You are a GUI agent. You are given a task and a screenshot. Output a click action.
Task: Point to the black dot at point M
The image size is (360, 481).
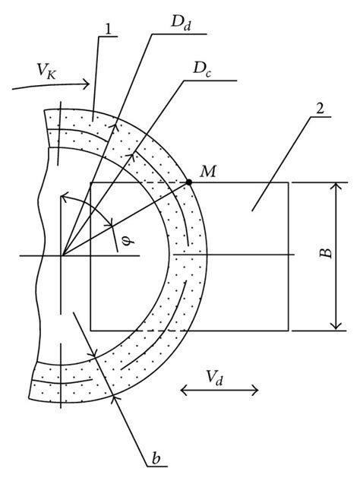[188, 182]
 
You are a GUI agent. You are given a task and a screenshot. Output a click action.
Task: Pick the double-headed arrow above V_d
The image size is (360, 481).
[219, 391]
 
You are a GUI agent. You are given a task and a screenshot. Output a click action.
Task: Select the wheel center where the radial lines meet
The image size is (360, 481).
[62, 256]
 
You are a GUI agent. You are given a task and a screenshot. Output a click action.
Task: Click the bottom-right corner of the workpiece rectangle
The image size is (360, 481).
[289, 331]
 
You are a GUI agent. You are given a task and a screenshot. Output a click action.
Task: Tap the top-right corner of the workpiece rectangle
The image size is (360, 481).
[289, 182]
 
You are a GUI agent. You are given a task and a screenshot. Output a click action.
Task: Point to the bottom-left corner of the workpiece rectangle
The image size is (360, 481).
[90, 331]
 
